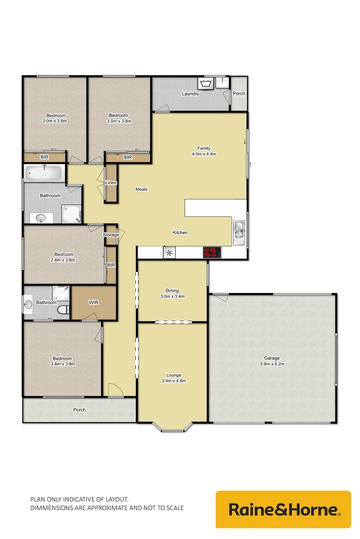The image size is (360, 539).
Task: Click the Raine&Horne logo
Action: [x=283, y=509]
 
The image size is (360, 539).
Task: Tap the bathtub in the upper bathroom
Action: [x=44, y=174]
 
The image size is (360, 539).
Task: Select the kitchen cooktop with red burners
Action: [x=212, y=253]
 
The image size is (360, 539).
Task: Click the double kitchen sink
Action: [x=239, y=232]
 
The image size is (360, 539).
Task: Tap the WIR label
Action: [x=94, y=302]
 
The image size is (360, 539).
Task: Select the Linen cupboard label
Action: [x=111, y=183]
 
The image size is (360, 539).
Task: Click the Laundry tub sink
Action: [x=205, y=83]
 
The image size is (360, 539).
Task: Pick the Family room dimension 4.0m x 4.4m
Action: [x=203, y=154]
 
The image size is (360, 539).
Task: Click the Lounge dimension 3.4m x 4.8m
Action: [x=174, y=381]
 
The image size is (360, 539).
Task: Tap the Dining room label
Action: [x=172, y=290]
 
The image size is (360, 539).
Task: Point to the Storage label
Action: [x=111, y=235]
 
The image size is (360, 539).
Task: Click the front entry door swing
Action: [x=114, y=390]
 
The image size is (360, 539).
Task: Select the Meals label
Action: [x=141, y=189]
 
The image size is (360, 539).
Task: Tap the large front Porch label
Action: [x=79, y=410]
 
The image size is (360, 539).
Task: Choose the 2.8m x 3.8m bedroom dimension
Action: [x=63, y=260]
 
